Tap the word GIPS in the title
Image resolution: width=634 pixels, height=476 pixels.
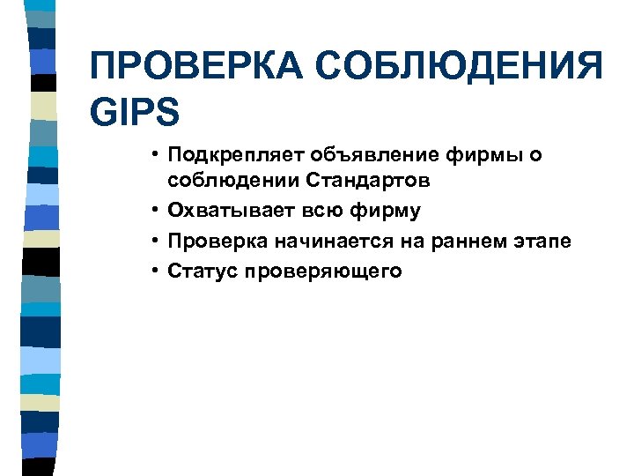pyautogui.click(x=135, y=112)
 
